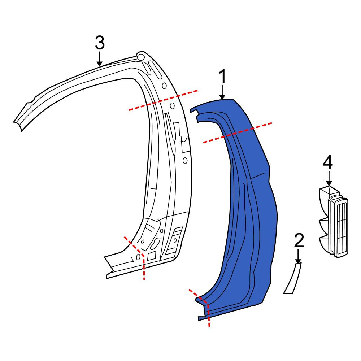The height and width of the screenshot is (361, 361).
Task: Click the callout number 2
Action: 299,240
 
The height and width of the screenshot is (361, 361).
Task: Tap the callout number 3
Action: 100,43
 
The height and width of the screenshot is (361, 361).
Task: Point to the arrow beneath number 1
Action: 222,92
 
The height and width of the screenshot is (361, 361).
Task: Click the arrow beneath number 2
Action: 298,256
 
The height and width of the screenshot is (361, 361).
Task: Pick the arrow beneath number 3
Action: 100,59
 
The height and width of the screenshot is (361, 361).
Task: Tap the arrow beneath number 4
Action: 329,178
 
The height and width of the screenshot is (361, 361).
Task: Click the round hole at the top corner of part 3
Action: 140,56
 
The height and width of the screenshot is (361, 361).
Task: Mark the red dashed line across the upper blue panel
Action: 238,133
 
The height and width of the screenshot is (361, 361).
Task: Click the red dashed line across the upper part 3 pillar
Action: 163,100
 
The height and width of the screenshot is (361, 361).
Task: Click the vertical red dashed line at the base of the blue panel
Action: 209,316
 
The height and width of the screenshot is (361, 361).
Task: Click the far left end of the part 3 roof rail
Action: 17,124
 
